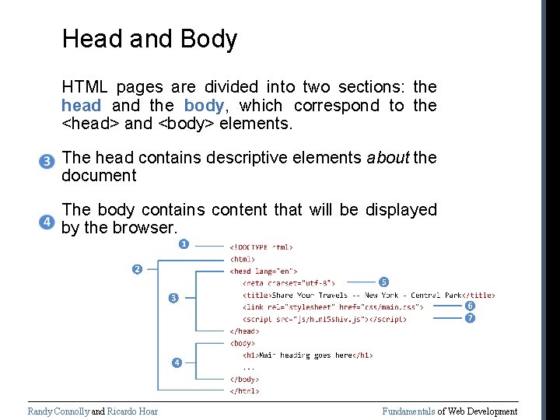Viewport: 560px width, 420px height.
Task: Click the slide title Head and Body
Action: [149, 39]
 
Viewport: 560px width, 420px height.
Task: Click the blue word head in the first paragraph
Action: [81, 106]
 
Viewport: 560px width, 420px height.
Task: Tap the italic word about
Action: [387, 158]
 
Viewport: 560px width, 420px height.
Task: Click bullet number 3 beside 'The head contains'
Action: [47, 162]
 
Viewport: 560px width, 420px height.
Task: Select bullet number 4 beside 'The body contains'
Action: [47, 222]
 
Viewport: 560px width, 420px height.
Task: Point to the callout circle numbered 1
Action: [184, 245]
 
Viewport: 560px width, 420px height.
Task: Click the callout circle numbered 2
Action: [136, 269]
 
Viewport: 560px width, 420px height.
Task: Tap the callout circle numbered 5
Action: [383, 282]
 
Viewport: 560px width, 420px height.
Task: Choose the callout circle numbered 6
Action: [470, 306]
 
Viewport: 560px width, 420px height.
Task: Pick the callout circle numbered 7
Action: [470, 318]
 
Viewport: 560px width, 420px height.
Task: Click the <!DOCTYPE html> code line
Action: [261, 247]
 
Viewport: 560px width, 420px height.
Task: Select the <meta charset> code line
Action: [289, 283]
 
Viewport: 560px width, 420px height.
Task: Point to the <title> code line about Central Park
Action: [368, 295]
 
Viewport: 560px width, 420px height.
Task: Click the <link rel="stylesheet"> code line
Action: [333, 306]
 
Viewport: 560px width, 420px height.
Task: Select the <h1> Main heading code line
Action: [308, 355]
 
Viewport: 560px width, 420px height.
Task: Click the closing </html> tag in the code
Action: [244, 390]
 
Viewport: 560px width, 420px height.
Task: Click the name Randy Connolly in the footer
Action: [58, 411]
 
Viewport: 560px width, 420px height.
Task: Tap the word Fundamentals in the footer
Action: [408, 411]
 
